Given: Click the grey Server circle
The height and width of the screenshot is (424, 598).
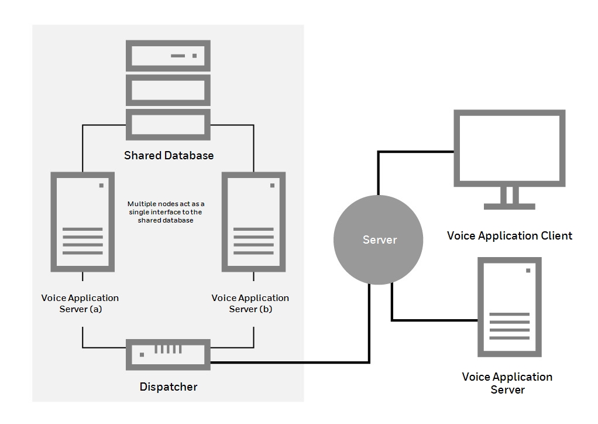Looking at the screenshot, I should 377,240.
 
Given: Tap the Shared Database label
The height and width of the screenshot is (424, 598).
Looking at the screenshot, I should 169,156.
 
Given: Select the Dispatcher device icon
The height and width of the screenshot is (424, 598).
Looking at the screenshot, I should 169,354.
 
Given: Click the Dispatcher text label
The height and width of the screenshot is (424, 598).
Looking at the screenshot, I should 169,387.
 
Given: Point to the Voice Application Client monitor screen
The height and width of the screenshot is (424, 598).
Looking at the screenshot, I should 510,148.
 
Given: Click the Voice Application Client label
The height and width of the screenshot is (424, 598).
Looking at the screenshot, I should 509,236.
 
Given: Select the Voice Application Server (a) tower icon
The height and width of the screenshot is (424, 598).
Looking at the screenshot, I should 83,221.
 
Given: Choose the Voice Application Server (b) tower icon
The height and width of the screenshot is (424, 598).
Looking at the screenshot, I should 253,221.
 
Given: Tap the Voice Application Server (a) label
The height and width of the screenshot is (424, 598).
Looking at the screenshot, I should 80,303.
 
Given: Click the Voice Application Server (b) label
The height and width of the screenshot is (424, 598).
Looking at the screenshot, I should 250,303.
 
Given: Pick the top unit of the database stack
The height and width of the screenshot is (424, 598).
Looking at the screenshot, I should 169,56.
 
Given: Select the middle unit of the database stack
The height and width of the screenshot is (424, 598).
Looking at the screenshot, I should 169,90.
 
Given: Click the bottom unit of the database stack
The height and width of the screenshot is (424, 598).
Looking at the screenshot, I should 169,124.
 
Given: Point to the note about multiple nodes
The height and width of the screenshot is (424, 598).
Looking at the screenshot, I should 166,212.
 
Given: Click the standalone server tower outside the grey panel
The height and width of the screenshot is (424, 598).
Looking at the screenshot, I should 509,307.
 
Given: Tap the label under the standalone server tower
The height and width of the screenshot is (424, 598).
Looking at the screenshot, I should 507,383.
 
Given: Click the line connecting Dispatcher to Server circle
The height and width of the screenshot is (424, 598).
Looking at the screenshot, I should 293,363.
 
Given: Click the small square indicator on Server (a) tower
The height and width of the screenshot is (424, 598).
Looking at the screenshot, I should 101,186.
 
